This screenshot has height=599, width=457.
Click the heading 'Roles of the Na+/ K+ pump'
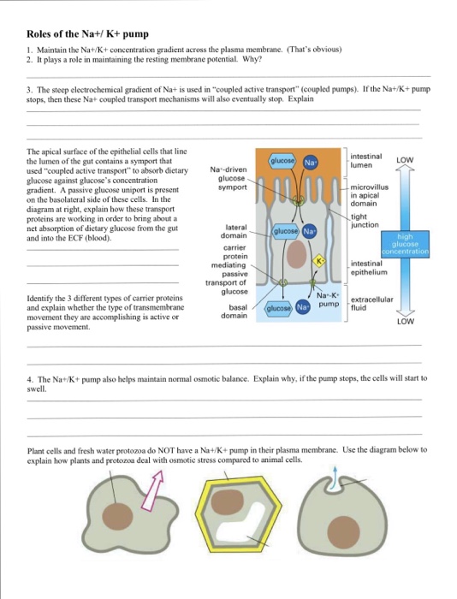pyautogui.click(x=87, y=34)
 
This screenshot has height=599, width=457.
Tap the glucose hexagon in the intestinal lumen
pyautogui.click(x=282, y=161)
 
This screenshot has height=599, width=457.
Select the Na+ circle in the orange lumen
pyautogui.click(x=311, y=163)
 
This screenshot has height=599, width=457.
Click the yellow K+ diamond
pyautogui.click(x=319, y=261)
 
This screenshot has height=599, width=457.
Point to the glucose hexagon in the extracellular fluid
pyautogui.click(x=278, y=308)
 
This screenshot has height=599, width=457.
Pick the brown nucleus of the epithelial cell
pyautogui.click(x=296, y=254)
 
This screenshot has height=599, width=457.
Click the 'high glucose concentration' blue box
pyautogui.click(x=405, y=244)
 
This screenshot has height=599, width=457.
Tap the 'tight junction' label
pyautogui.click(x=365, y=221)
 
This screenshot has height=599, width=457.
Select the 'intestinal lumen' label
pyautogui.click(x=366, y=161)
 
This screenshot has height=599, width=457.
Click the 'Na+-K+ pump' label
pyautogui.click(x=328, y=299)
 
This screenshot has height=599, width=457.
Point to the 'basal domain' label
pyautogui.click(x=234, y=311)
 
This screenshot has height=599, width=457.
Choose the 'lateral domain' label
pyautogui.click(x=234, y=231)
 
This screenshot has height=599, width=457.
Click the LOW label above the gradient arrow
pyautogui.click(x=405, y=160)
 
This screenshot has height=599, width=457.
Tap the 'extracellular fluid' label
pyautogui.click(x=371, y=304)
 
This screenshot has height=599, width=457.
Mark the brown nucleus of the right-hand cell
pyautogui.click(x=343, y=531)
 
